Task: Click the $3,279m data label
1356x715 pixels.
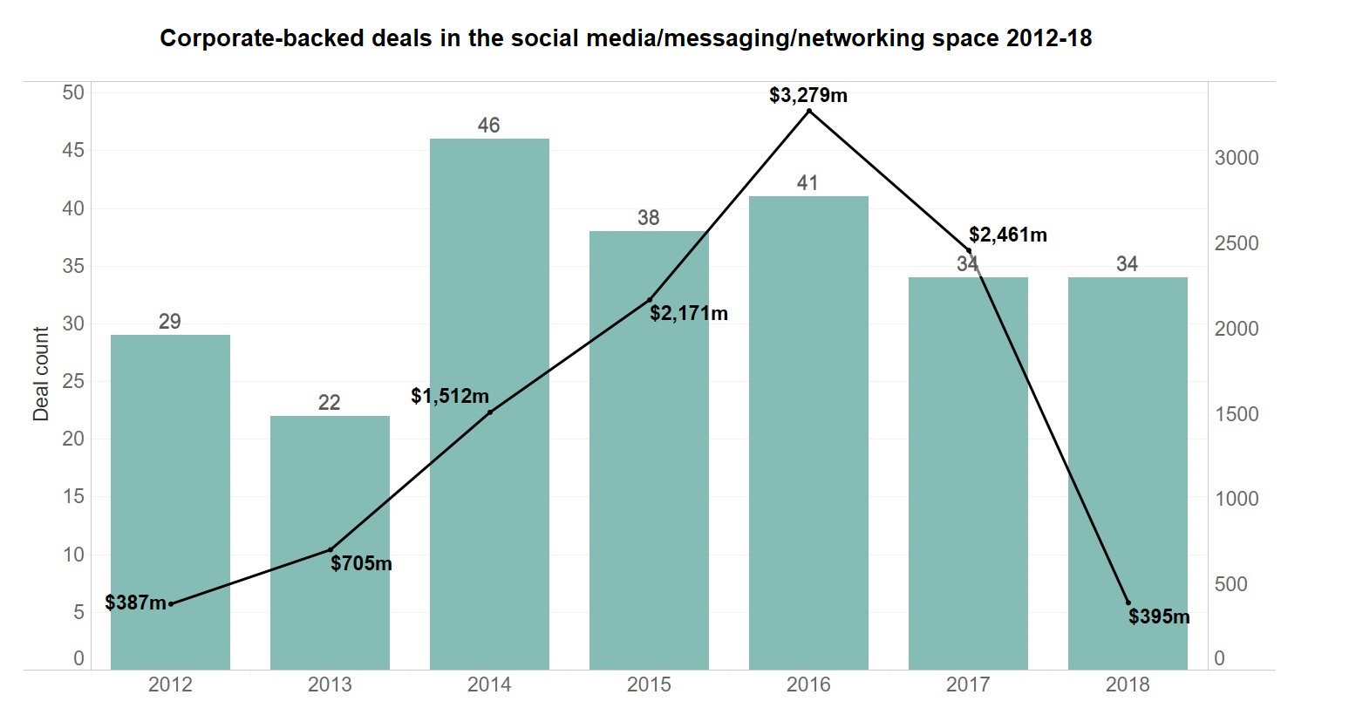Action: (808, 95)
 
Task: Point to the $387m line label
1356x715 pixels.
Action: (135, 603)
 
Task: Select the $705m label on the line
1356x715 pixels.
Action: (361, 563)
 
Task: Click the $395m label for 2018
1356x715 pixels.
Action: (1159, 616)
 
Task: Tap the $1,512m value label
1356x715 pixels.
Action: (450, 396)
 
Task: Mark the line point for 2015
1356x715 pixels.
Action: (649, 300)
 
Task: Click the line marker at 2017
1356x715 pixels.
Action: (968, 251)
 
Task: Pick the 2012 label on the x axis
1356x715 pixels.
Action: (170, 684)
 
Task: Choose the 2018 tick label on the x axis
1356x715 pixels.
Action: (1128, 684)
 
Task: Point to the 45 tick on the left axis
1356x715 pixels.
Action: (74, 150)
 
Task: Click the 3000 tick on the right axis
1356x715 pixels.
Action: (1237, 158)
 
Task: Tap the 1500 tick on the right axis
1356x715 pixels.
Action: (1237, 414)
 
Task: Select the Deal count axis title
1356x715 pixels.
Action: (41, 374)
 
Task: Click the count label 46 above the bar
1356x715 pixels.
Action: (488, 126)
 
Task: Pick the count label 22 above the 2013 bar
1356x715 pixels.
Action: (329, 403)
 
